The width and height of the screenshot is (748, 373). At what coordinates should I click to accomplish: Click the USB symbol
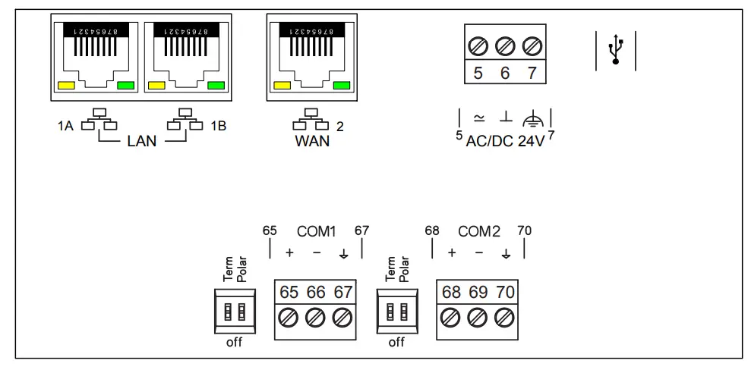coord(616,50)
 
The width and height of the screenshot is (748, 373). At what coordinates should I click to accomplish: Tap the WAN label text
coord(311,141)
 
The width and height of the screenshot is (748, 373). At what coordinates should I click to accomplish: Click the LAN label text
coord(141,141)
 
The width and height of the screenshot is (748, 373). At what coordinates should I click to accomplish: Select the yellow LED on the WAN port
coord(282,86)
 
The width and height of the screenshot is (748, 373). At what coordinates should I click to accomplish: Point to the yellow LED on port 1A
coord(66,86)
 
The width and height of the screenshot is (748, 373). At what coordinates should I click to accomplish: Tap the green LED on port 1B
coord(216,86)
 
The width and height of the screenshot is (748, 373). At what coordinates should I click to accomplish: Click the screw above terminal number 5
coord(478,46)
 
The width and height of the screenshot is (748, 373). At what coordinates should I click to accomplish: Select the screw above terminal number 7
coord(532,46)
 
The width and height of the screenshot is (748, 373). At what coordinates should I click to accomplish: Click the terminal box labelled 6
coord(505,73)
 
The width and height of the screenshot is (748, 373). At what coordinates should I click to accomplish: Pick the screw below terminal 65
coord(289,317)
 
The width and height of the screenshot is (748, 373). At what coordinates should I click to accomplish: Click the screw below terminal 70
coord(504,317)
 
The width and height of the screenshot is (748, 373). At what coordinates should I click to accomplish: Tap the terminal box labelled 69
coord(478,293)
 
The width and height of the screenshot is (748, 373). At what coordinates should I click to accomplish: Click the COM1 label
coord(316,231)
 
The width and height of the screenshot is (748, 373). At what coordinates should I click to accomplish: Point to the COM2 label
coord(478,231)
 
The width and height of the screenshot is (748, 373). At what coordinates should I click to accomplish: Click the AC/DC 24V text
coord(505,141)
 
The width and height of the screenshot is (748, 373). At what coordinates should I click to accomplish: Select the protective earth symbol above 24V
coord(534,118)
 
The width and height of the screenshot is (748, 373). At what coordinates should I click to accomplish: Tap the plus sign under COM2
coord(452,252)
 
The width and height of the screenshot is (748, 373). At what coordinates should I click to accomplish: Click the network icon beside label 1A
coord(95,121)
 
